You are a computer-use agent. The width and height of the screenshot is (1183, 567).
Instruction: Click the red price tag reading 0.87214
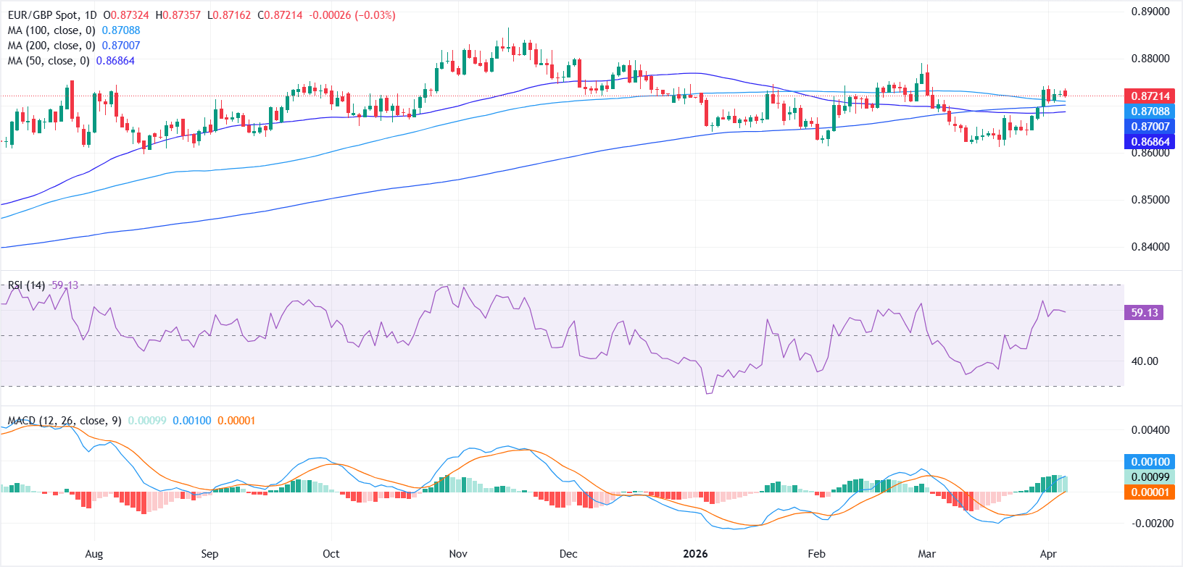[1150, 96]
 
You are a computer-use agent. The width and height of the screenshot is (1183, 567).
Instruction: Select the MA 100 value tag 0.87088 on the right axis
[1150, 112]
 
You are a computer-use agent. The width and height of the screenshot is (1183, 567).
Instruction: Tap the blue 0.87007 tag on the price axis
[1150, 127]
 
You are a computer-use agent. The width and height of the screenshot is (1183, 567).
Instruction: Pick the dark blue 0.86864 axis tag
[1150, 142]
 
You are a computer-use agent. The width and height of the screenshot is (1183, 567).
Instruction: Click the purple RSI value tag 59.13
[1145, 313]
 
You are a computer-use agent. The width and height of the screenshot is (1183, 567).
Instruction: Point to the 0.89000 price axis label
[1150, 12]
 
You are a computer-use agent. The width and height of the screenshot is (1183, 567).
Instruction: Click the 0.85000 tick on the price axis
[1150, 200]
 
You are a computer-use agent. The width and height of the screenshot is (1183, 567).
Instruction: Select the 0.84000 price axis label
[1150, 247]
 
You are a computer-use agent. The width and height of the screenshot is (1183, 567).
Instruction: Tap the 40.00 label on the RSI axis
[1145, 361]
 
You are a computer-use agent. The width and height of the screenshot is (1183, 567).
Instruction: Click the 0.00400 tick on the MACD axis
[1150, 430]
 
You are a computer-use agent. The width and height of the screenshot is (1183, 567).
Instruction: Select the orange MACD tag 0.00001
[1150, 492]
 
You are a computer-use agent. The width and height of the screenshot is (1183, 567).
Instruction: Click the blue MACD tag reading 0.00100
[1150, 462]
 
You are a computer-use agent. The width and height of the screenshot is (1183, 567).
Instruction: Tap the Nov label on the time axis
[458, 554]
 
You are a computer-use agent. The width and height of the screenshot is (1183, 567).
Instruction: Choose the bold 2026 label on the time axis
[695, 554]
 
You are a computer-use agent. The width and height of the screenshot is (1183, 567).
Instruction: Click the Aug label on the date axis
[94, 554]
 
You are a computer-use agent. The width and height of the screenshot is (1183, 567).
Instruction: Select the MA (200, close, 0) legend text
[51, 46]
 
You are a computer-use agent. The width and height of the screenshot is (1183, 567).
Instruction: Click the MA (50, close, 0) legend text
[49, 61]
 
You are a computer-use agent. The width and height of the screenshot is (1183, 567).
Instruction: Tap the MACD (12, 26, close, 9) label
[65, 421]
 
